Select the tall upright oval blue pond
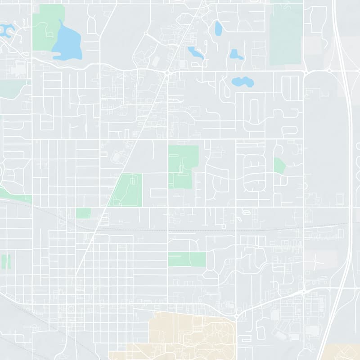pos(219,29)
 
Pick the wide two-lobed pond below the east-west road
pos(243,82)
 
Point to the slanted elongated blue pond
pos(196,52)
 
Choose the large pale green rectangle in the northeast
pos(286,34)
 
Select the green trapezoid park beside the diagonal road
pos(127,190)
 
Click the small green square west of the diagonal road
pos(83,213)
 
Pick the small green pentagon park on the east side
pos(279,166)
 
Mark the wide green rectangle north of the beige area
pos(187,259)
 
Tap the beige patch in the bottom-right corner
pos(344,352)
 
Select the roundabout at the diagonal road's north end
pos(167,72)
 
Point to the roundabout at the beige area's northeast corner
pos(236,317)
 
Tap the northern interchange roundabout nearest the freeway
pos(329,71)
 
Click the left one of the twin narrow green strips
pos(4,262)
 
